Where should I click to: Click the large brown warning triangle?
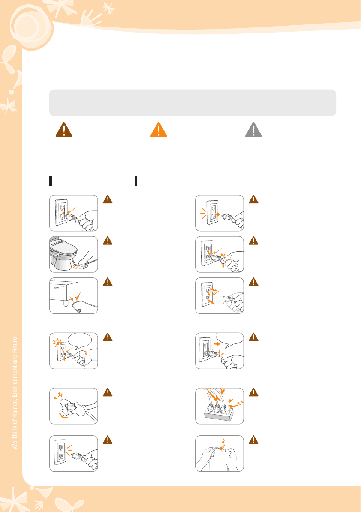pos(63,130)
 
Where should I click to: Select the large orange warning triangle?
pos(159,130)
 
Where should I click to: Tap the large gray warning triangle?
pos(254,130)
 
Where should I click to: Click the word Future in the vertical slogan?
pos(14,344)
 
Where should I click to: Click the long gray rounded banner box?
pos(193,102)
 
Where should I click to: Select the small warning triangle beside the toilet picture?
pos(108,241)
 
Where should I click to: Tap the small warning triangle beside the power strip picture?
pos(254,392)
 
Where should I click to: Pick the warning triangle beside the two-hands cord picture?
pos(254,440)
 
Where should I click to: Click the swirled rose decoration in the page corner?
pos(32,26)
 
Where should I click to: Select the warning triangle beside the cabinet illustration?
pos(108,282)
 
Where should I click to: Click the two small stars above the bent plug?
pos(58,396)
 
